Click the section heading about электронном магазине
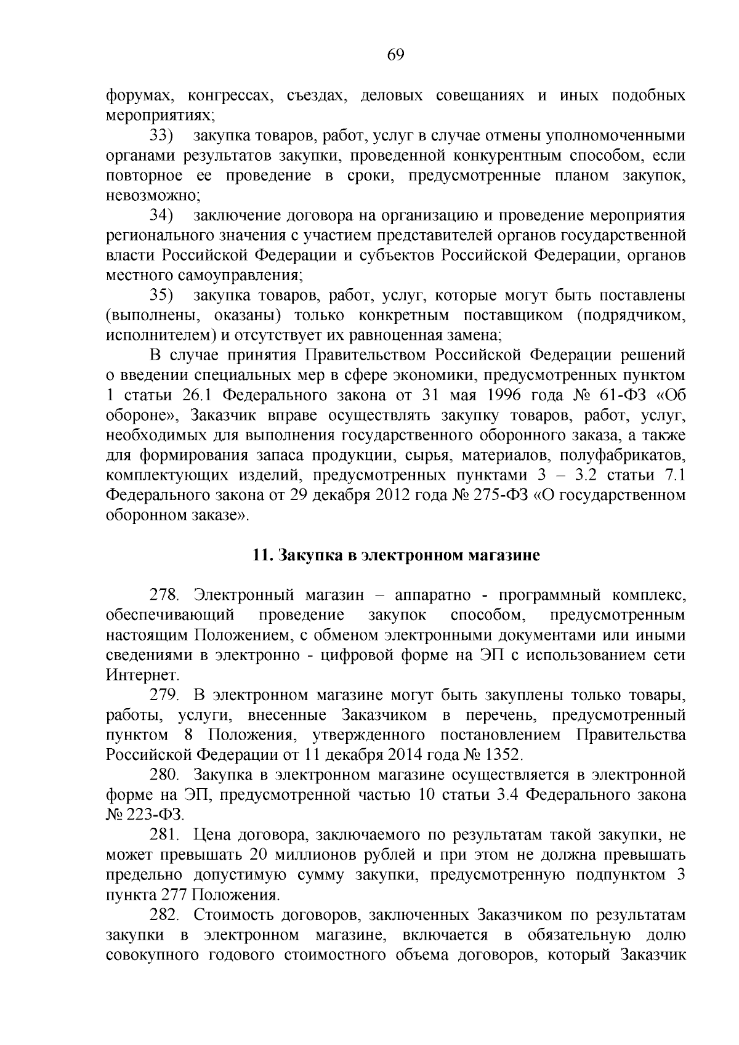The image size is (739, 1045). coord(396,555)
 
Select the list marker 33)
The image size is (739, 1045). coord(163,135)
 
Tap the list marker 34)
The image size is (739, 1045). coord(163,216)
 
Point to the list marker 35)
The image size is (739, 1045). coord(163,296)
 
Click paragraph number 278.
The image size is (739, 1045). coord(164,595)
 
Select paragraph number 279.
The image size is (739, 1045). coord(164,696)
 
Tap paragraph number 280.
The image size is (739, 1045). coord(164,775)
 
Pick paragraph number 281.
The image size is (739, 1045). coord(164,836)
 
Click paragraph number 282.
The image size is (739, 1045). coord(164,916)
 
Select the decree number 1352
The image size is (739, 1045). coord(504,755)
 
